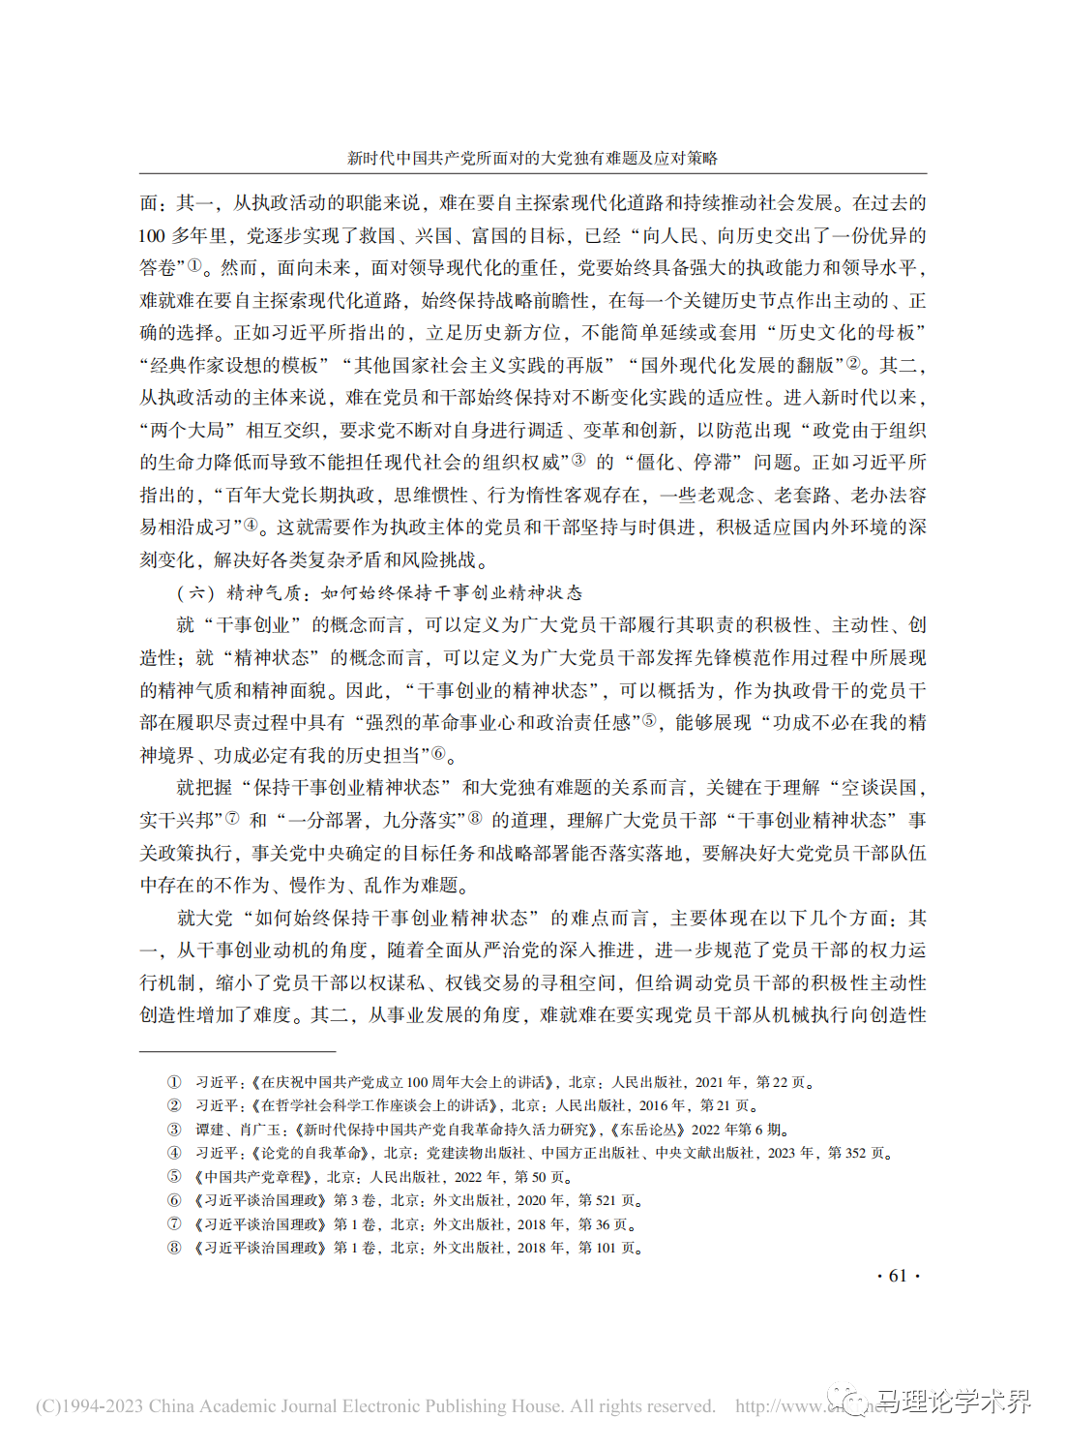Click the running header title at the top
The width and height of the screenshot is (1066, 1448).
point(532,158)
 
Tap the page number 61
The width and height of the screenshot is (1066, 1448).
point(897,1276)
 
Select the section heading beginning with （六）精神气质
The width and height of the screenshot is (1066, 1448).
point(379,592)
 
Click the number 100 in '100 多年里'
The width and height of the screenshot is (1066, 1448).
point(152,235)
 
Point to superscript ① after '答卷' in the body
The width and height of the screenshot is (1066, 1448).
point(194,264)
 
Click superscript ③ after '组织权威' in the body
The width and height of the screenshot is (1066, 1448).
point(578,460)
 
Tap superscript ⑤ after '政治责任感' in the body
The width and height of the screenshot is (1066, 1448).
point(649,720)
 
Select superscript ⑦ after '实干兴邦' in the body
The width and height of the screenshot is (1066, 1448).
point(232,818)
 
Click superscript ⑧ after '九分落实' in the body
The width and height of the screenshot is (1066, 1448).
point(475,818)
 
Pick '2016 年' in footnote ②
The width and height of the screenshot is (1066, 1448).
point(663,1105)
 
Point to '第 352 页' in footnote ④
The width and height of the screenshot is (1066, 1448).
point(857,1153)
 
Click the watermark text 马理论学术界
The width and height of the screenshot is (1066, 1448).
point(954,1401)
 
